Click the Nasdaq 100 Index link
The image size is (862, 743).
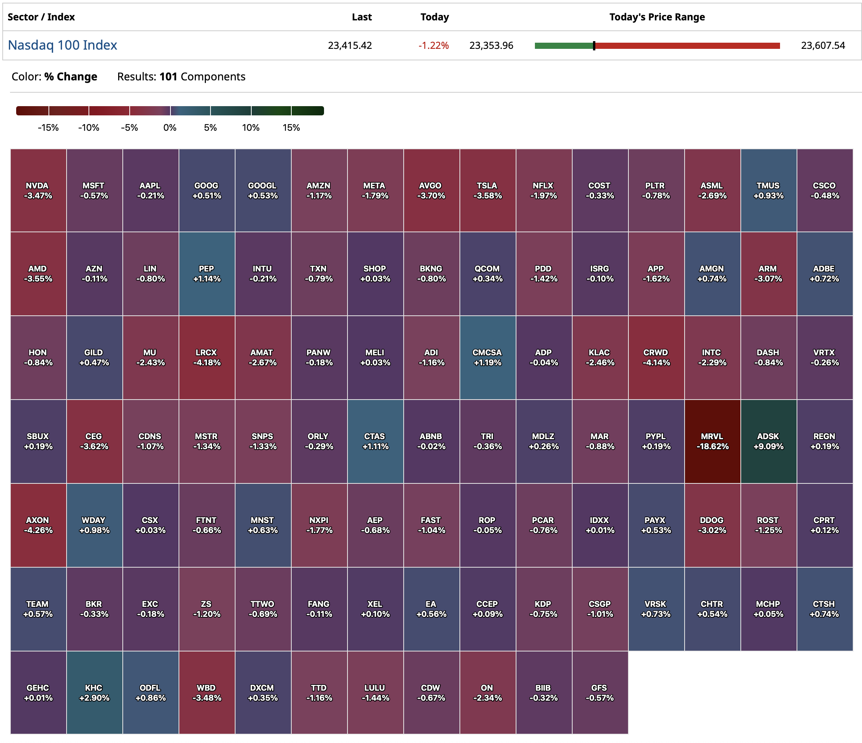click(62, 45)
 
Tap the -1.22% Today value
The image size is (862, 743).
click(433, 45)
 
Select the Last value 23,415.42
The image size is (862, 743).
click(349, 45)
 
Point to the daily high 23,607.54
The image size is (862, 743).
click(822, 45)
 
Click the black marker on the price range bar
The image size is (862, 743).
click(594, 46)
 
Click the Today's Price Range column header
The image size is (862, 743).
click(657, 17)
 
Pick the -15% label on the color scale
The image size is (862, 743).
click(48, 128)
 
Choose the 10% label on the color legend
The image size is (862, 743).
click(251, 128)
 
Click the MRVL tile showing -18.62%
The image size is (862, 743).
click(712, 441)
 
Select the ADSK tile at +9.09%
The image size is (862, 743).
click(768, 441)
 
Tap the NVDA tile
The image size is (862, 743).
click(38, 190)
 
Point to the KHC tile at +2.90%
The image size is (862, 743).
click(94, 693)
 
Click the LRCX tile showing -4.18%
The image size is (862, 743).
click(207, 357)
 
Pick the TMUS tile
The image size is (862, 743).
click(768, 190)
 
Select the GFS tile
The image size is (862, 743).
click(600, 693)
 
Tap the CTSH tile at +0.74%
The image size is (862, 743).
click(824, 609)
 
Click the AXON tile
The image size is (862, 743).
click(38, 525)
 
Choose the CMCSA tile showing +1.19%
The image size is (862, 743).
click(487, 357)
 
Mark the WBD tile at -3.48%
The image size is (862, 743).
click(207, 693)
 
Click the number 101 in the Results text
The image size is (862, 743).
click(168, 77)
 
